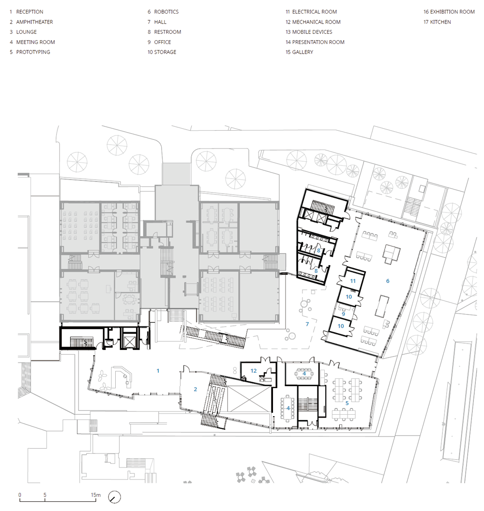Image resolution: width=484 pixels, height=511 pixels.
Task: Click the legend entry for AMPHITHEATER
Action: (x=31, y=22)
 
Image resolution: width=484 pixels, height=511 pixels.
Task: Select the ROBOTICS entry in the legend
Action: (x=163, y=12)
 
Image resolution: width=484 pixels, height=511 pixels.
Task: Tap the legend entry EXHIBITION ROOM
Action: (x=449, y=12)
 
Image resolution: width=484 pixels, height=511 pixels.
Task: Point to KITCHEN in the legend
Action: (x=437, y=22)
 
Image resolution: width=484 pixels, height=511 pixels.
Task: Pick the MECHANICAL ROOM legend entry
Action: (x=313, y=22)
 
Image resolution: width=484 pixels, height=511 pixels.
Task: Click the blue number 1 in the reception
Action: (x=158, y=371)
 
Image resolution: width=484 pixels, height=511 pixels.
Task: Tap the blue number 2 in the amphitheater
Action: (x=195, y=389)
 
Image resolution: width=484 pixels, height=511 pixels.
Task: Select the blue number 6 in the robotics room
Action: (x=388, y=281)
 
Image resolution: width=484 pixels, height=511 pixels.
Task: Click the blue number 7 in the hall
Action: (x=307, y=324)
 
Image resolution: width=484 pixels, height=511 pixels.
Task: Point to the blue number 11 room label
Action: (x=353, y=281)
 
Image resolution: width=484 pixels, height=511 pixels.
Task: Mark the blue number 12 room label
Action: (x=254, y=371)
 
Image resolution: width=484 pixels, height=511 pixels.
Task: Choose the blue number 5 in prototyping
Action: (x=347, y=403)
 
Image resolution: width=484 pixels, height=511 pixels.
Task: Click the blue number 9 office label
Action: (x=343, y=314)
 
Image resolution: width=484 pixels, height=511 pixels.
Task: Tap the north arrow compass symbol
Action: (x=114, y=497)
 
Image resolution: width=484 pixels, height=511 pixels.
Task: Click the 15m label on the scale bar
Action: (x=96, y=495)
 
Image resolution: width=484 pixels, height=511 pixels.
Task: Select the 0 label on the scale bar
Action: (x=19, y=495)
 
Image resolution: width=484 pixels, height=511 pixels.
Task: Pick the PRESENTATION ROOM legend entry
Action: (x=315, y=42)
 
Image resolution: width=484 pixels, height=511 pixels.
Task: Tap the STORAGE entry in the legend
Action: (x=162, y=52)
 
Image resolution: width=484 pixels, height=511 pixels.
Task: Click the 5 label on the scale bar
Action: (x=45, y=495)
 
